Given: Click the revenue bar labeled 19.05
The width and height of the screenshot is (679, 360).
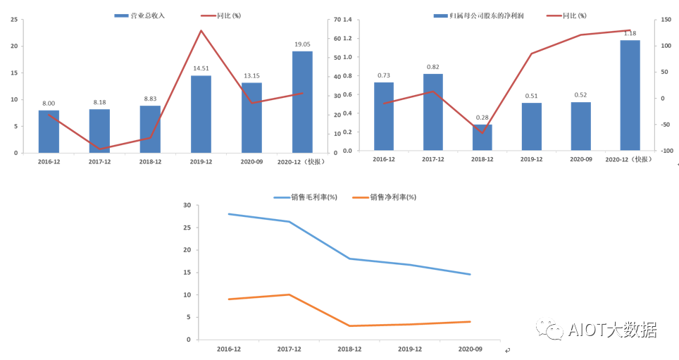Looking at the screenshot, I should coord(302,101).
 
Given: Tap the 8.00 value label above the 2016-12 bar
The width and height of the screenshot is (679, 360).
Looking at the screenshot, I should coord(49,103).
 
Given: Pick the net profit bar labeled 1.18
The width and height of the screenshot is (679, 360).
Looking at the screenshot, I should coord(630,94).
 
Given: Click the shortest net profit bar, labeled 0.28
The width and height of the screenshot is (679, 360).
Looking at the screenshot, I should coord(482,137).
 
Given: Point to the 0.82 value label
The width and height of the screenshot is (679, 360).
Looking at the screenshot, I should coord(433,67).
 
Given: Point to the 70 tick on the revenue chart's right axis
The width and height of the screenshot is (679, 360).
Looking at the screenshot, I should coord(337,20).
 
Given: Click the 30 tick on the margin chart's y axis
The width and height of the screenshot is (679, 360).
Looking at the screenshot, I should coord(187,206).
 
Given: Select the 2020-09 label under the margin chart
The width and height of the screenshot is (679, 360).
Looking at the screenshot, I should coord(470,349).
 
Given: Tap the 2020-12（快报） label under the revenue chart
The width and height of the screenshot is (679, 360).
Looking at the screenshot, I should coord(302,161).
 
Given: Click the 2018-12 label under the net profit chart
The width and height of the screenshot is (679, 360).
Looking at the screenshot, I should coord(482,160).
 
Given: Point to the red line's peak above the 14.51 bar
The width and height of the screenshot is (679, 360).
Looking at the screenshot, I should coord(201,30).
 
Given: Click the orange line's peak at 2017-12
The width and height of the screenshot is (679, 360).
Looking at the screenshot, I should coord(289,294).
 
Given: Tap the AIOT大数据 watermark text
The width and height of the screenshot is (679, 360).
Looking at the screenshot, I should coord(611,329).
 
